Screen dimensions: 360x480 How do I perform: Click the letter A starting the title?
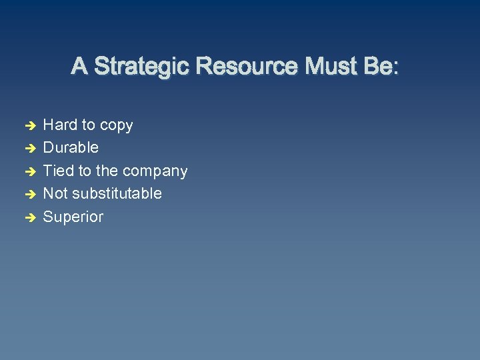click(x=79, y=67)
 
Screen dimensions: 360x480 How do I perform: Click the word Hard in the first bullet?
click(x=60, y=125)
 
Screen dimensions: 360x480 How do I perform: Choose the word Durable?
click(x=71, y=147)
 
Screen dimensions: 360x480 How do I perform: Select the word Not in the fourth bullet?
click(x=56, y=193)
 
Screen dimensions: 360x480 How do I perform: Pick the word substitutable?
click(x=117, y=193)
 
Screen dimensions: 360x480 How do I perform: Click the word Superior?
click(x=73, y=217)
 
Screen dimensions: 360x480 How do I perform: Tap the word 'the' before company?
click(x=107, y=171)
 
